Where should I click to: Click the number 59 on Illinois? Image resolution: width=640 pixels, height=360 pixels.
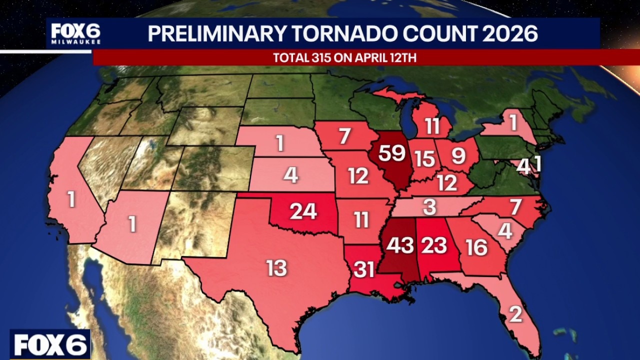pos(391,153)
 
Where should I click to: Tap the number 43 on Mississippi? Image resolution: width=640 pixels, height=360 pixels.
pos(400,245)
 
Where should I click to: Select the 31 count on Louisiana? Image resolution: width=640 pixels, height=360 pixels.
pos(364,270)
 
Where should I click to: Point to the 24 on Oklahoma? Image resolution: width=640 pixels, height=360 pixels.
pos(303,211)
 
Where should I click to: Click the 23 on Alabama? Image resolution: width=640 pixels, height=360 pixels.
pos(433,245)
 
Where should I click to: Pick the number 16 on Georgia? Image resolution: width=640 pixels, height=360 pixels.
pos(476,247)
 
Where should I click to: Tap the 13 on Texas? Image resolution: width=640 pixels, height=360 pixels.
pos(276,268)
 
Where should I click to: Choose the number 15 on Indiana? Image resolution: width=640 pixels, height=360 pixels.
pos(424,159)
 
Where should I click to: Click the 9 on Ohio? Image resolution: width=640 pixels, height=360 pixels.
pos(458,156)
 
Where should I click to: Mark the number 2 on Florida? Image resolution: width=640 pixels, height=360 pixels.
pos(515,314)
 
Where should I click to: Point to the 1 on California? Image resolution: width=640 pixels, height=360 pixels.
pos(72,200)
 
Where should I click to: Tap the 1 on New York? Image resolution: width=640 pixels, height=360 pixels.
pos(513,123)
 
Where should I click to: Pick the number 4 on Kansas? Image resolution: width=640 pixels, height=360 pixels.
pos(290,175)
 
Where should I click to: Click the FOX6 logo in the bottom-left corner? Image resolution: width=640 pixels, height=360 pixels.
pos(50,344)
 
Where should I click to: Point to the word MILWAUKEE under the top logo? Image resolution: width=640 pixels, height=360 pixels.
pos(75,42)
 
